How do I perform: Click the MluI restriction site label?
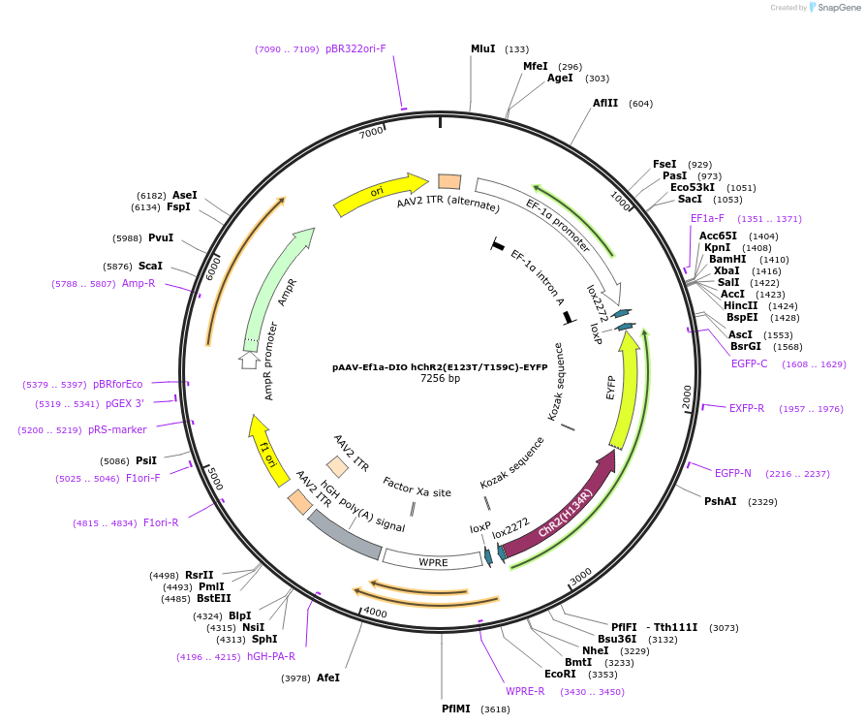(483, 48)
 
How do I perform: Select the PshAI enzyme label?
(720, 501)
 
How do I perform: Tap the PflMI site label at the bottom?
(456, 709)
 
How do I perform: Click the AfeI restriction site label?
(328, 678)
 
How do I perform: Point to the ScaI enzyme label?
(150, 266)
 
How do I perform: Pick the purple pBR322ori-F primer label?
(355, 48)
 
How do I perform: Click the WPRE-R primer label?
(525, 691)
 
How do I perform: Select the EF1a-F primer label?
(707, 219)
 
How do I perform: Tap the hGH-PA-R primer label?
(271, 656)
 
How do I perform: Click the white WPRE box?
(433, 559)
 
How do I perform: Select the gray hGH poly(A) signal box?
(344, 534)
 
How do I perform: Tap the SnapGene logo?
(832, 8)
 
